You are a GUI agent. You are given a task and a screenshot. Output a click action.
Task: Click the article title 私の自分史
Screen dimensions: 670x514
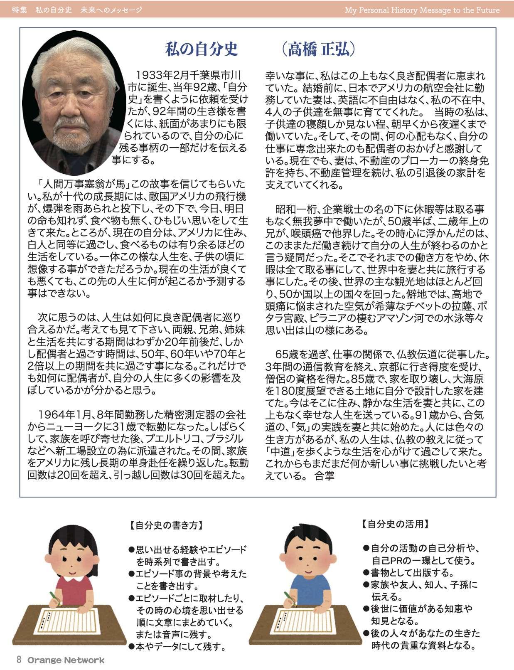coord(202,49)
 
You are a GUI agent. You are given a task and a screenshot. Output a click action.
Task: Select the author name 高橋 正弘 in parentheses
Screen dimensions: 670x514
coord(318,49)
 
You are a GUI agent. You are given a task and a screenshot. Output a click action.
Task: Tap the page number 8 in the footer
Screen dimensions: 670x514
coord(19,660)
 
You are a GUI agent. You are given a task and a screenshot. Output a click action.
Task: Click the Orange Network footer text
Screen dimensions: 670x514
coord(66,660)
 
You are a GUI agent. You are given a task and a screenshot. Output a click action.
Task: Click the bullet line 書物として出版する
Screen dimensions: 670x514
coord(411,573)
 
